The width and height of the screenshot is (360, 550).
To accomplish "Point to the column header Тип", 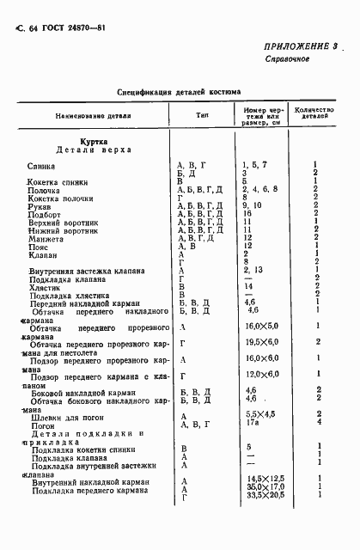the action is pyautogui.click(x=202, y=113).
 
